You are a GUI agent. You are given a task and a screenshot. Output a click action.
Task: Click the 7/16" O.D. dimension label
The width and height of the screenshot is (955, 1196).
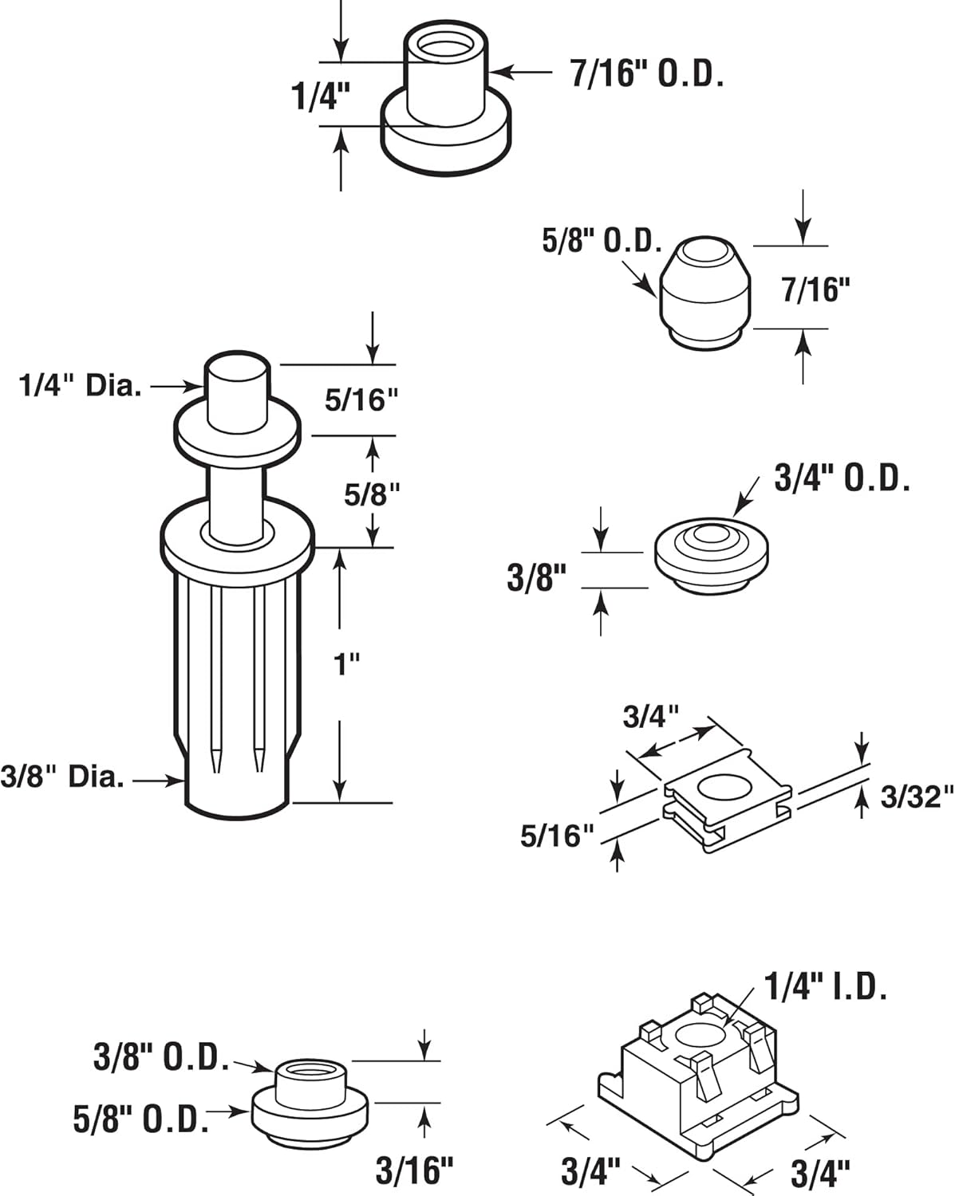pyautogui.click(x=646, y=73)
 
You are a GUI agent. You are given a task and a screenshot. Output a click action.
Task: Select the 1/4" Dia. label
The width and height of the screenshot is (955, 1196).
pyautogui.click(x=81, y=387)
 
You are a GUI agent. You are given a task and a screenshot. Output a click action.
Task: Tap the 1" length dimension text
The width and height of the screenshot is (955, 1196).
pyautogui.click(x=346, y=663)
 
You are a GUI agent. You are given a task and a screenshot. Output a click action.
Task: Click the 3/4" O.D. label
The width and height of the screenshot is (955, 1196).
pyautogui.click(x=842, y=478)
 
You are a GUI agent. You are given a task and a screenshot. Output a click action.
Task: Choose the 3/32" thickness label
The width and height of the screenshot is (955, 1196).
pyautogui.click(x=917, y=797)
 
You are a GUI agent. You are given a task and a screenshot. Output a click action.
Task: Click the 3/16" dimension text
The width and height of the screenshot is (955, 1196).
pyautogui.click(x=414, y=1170)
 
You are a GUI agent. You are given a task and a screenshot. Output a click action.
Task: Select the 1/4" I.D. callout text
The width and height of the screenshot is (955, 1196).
pyautogui.click(x=826, y=987)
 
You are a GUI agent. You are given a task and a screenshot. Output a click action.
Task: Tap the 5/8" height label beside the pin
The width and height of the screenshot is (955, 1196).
pyautogui.click(x=372, y=494)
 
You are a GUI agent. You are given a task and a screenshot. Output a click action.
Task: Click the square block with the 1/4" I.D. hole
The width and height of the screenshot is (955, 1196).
pyautogui.click(x=698, y=1076)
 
